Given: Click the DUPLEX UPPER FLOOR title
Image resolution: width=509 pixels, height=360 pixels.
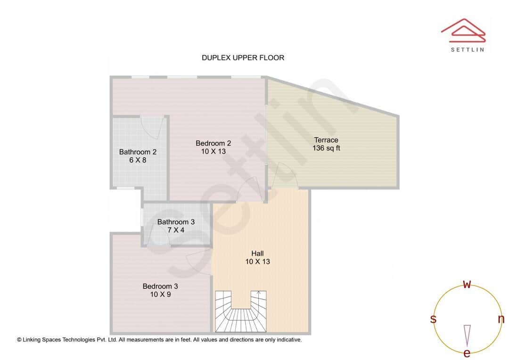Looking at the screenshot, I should pos(243,58).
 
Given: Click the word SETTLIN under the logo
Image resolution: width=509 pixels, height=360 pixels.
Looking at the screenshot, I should pos(467,49).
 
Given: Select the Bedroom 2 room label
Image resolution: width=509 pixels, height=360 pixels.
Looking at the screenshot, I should pos(213,143).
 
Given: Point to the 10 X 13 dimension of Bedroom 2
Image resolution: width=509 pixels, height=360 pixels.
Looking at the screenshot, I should pos(213,151).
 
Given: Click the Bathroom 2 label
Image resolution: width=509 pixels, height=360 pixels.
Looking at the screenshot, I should pos(138,152).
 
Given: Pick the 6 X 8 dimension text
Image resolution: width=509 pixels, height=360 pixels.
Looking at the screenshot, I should pos(138,160).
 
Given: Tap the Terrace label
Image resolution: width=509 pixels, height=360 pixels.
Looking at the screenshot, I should pos(326,140).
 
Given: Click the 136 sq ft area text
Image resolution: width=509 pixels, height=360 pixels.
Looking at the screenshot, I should pos(326,148).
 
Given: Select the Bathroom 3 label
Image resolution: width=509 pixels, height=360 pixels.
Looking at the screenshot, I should pos(176,222).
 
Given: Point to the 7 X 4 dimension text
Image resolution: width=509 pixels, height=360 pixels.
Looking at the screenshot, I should pos(176,230).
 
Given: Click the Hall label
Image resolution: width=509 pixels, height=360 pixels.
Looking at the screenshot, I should pos(257,254).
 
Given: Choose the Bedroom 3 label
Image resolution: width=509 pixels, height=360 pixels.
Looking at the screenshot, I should pos(160,286).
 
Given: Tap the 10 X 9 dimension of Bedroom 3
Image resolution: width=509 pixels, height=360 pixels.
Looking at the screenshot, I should pos(160,294).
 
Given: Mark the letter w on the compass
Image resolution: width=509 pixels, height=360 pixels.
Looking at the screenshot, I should pos(467,284).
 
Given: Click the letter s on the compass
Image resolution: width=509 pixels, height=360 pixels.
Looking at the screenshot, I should pos(433,319).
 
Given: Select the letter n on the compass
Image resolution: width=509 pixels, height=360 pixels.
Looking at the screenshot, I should pos(501,319).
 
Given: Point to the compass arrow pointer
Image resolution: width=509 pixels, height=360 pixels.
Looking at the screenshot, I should pos(467,335).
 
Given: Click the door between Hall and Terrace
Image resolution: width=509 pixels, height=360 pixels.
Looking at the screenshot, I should pos(285,177).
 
